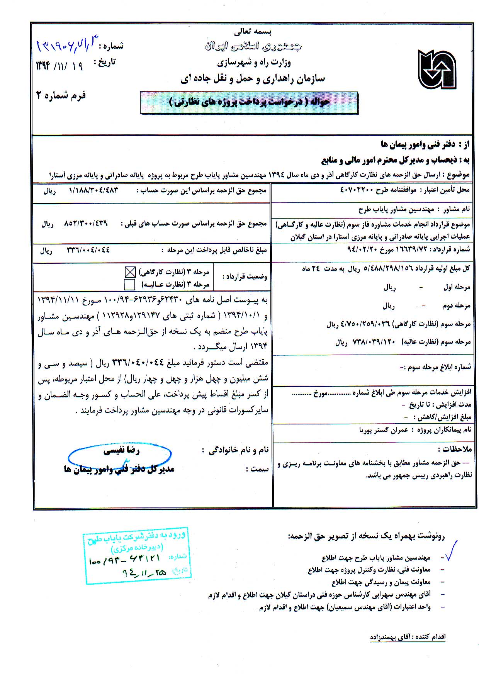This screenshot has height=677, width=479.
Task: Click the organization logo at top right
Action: (x=437, y=69)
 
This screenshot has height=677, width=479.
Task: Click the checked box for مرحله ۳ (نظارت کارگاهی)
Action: (x=130, y=272)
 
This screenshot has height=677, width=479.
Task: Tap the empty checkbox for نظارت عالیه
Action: (x=130, y=285)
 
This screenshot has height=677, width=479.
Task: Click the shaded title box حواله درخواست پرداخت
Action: (x=249, y=102)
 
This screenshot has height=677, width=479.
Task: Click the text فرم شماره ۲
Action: (x=61, y=95)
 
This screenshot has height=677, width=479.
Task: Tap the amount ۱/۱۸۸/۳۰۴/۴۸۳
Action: (x=93, y=190)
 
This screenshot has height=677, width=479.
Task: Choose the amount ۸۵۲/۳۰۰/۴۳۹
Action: (x=85, y=224)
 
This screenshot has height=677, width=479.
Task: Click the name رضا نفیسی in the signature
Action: (x=121, y=450)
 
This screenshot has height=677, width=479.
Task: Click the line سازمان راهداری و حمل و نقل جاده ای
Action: (x=253, y=79)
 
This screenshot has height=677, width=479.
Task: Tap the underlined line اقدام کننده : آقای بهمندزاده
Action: (x=408, y=637)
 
